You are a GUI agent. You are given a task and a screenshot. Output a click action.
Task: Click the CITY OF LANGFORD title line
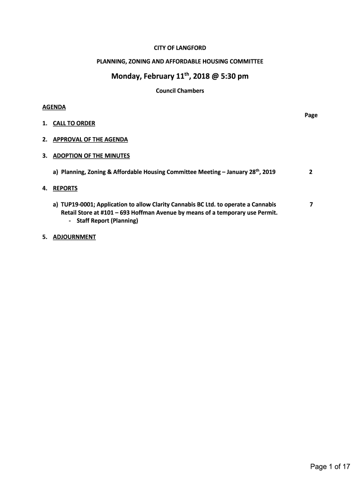(180, 48)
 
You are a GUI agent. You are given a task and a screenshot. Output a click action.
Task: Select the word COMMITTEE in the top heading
(246, 61)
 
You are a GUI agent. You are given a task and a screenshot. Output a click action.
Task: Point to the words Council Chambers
(180, 91)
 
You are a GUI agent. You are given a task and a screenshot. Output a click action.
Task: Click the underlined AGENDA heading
(54, 107)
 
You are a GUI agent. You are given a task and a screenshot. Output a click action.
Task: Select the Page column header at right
(311, 115)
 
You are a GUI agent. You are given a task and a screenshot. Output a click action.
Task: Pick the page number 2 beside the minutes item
(311, 172)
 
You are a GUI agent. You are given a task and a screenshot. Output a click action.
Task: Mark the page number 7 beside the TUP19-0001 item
(311, 205)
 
